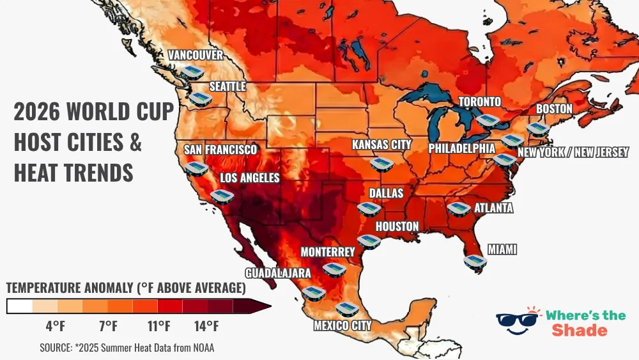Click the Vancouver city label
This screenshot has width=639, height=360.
click(x=196, y=55)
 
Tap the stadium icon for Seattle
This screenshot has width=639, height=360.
click(x=201, y=98)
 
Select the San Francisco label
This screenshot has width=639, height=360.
click(x=220, y=150)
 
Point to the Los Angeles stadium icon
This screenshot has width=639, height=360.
click(x=222, y=196)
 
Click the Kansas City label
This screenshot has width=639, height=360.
click(x=381, y=145)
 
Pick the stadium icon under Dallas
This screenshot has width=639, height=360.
click(x=368, y=208)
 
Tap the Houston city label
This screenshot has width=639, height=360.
click(x=397, y=226)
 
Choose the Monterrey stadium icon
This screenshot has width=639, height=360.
click(x=334, y=269)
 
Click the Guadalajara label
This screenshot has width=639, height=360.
click(x=278, y=273)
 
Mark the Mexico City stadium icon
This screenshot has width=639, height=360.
click(x=347, y=309)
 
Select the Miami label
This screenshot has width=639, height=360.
click(x=502, y=249)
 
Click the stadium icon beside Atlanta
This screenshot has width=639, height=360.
click(x=458, y=208)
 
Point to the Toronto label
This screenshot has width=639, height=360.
click(x=479, y=102)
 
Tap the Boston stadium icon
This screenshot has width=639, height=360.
click(x=538, y=129)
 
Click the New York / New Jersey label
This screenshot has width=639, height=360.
click(x=573, y=152)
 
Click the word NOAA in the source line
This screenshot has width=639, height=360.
click(x=201, y=348)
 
